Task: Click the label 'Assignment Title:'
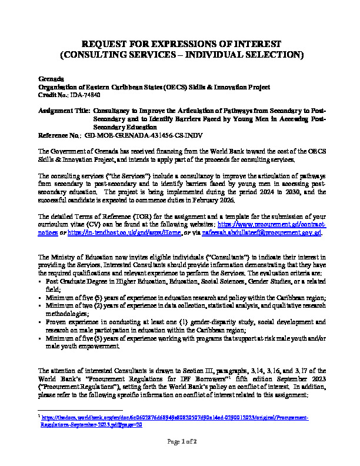click(65, 111)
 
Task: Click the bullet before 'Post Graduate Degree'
click(40, 282)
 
